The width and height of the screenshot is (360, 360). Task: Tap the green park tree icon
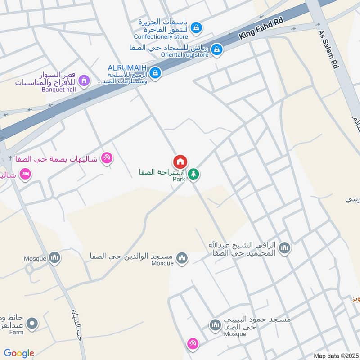coord(193,174)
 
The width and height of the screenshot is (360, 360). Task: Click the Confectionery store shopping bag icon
coord(196,28)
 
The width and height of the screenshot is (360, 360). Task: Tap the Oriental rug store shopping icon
coord(217,50)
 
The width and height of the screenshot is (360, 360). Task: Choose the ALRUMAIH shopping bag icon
coord(155,72)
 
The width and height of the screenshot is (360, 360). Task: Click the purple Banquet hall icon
coord(83,81)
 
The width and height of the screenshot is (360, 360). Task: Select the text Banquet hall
coord(59,90)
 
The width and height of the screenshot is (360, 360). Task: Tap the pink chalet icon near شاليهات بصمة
coord(107,157)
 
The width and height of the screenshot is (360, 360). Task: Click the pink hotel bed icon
coord(25,174)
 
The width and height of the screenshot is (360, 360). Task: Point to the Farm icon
coord(31,323)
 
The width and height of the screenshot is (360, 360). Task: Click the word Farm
coord(16,333)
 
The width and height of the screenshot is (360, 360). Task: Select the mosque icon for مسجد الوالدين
coord(182,257)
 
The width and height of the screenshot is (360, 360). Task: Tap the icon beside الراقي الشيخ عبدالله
coord(284,247)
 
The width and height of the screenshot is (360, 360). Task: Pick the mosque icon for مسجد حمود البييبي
coord(215,324)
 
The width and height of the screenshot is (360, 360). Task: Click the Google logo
coord(19,353)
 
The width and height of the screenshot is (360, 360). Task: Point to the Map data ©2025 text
coord(335,355)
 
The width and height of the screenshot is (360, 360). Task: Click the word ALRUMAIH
coord(128,67)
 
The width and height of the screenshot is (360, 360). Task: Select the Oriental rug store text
coord(185,55)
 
